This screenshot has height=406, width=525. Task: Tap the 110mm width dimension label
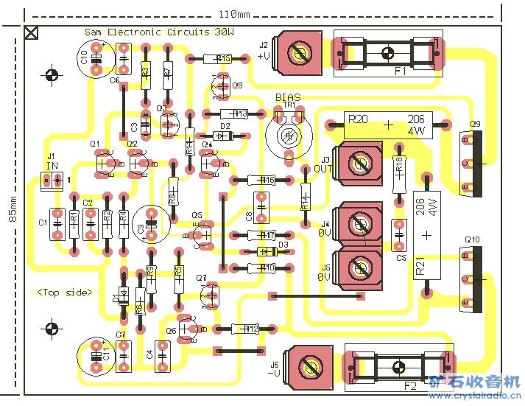235,15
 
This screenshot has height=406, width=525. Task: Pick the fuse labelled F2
398,367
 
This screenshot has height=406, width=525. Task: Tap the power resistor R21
426,234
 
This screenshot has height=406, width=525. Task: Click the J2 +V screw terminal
299,54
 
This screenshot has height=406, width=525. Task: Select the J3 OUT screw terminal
359,165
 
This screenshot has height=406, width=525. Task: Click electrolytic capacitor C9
152,222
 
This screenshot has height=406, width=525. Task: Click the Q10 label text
473,240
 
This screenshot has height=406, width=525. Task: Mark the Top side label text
66,293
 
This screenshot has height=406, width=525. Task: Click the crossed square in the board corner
32,32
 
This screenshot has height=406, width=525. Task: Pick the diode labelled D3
263,251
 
